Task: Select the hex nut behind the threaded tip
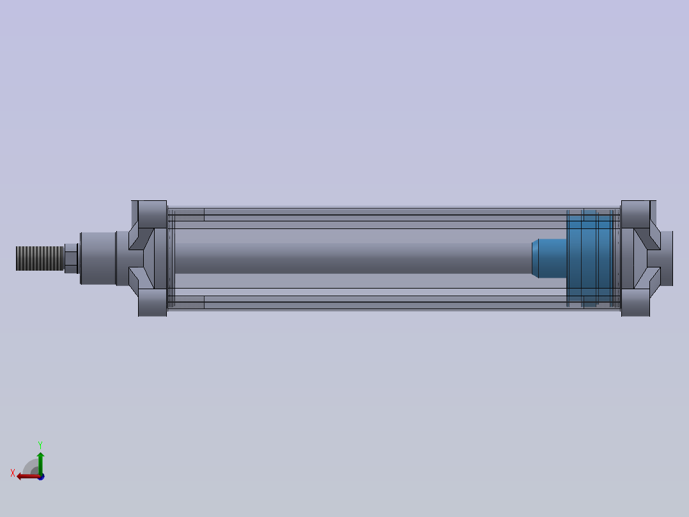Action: [71, 258]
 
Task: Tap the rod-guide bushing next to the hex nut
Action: [97, 258]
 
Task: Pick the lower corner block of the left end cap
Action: [153, 303]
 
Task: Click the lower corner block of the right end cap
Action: [635, 303]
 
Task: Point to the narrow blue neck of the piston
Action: [548, 258]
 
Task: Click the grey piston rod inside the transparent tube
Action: [352, 258]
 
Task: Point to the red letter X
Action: [13, 473]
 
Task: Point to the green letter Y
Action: [40, 444]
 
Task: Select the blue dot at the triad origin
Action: [41, 477]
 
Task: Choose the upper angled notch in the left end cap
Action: [138, 237]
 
